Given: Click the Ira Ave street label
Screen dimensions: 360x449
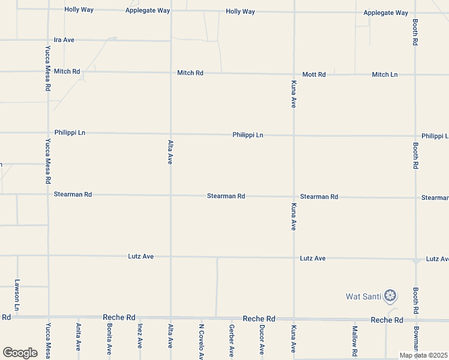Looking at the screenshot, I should click(64, 40).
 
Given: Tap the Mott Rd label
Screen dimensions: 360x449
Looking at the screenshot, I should click(314, 74).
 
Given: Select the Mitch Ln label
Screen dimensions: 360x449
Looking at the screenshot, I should click(385, 74).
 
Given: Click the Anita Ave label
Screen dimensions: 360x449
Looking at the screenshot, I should click(79, 337).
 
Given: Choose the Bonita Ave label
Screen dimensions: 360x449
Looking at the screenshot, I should click(109, 339).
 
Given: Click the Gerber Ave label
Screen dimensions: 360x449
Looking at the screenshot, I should click(232, 340).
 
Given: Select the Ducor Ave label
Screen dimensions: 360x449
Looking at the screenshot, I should click(262, 339).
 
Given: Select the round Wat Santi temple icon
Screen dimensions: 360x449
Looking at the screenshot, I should click(390, 295).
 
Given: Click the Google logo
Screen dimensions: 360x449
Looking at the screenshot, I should click(20, 352).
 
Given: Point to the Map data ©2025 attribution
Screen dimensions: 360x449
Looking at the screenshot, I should click(423, 355).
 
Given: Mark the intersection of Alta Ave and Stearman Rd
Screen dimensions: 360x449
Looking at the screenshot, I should click(171, 195).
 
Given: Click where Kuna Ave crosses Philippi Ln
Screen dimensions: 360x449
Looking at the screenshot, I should click(294, 136).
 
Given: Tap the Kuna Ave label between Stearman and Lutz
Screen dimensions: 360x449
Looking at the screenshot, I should click(294, 217).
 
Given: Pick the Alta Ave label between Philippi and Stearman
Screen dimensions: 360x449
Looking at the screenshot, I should click(170, 151).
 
